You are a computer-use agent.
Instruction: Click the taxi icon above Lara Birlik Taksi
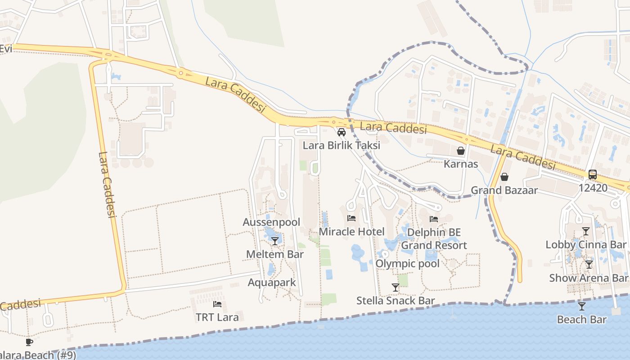click(342, 132)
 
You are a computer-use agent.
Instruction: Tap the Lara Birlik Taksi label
click(341, 145)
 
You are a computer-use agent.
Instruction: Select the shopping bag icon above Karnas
click(461, 151)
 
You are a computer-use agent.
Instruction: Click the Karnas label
click(461, 164)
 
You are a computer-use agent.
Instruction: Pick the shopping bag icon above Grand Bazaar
click(504, 177)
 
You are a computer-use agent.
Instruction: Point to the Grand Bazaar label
click(504, 190)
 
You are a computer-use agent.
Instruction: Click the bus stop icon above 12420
click(593, 175)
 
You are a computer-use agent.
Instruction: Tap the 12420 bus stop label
click(593, 188)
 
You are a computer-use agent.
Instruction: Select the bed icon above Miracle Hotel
click(351, 219)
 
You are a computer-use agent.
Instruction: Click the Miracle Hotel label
click(351, 232)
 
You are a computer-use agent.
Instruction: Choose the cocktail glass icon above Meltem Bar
click(275, 241)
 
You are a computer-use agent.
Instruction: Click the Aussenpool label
click(271, 222)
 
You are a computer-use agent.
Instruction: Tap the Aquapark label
click(272, 283)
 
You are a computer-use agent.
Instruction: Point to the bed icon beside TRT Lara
click(217, 304)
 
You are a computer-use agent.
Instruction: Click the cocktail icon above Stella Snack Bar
click(396, 288)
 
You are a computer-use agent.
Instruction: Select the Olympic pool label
click(407, 264)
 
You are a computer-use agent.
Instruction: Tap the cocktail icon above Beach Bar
click(582, 306)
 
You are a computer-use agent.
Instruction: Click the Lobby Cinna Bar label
click(586, 245)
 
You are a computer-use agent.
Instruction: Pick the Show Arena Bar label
click(588, 278)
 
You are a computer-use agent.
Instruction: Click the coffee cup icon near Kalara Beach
click(29, 342)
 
